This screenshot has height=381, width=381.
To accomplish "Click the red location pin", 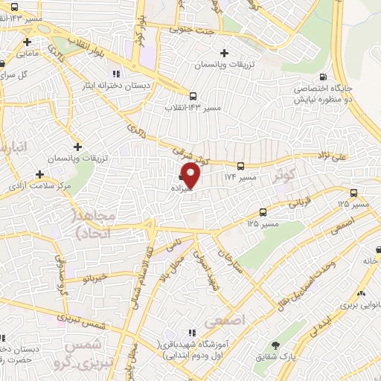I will pos(191,176).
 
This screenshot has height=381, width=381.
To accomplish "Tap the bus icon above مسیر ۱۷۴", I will pos(240,167).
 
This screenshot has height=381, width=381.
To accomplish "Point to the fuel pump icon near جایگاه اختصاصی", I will pos(321,77).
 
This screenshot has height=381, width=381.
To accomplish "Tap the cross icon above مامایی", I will pos(27,41).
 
